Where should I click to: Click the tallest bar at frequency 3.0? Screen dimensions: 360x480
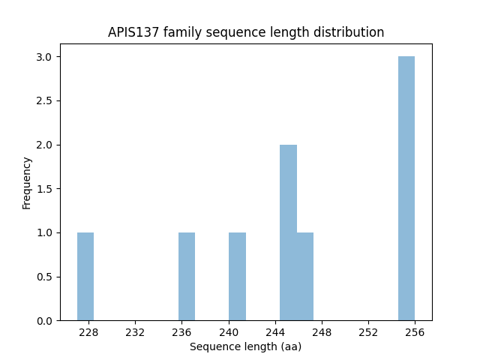(406, 188)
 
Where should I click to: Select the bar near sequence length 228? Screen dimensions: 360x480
(85, 276)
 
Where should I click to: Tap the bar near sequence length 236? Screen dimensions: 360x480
(187, 276)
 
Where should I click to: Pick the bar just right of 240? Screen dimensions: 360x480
(238, 276)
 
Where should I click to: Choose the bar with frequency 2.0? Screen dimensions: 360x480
(288, 232)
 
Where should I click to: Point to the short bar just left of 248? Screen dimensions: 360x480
(305, 276)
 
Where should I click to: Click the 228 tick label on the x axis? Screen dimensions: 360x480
(88, 332)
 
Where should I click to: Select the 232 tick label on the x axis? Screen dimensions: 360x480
(135, 332)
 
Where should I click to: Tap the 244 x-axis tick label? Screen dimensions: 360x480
(275, 332)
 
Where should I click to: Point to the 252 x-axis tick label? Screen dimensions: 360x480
(368, 332)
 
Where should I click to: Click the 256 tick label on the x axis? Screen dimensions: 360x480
(415, 332)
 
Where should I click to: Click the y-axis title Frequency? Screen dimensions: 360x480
(27, 183)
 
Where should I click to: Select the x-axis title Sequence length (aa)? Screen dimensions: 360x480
(245, 346)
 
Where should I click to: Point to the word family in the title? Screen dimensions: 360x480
(178, 32)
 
